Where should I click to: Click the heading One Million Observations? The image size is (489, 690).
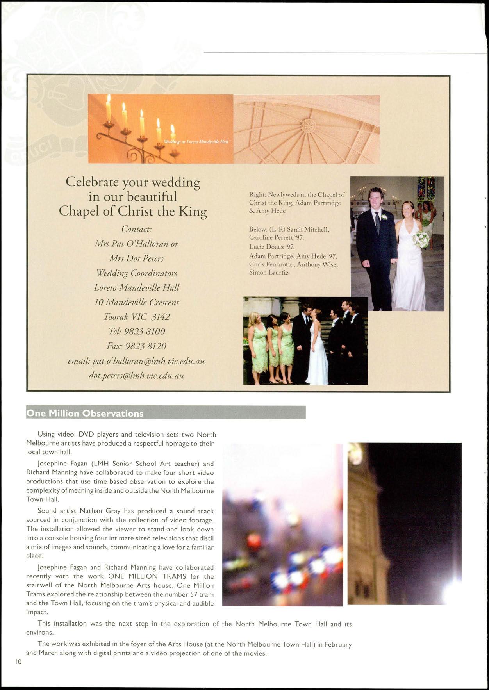tap(85, 413)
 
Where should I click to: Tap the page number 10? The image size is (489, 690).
tap(18, 661)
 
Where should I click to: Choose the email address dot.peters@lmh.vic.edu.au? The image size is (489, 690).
tap(136, 376)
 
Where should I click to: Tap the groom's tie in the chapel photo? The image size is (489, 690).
tap(377, 222)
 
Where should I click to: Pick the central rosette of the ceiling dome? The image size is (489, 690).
tap(308, 125)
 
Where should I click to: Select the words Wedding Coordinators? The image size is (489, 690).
tap(136, 273)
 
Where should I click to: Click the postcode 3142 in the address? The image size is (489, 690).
tap(161, 317)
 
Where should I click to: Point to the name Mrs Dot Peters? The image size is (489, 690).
tap(136, 259)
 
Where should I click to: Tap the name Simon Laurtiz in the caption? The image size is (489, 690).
tap(269, 273)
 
